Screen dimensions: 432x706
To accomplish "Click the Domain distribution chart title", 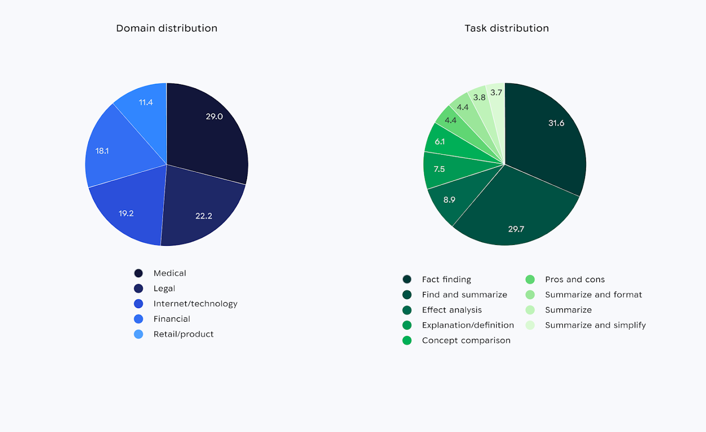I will pos(167,28).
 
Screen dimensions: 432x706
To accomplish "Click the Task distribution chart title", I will pos(506,28).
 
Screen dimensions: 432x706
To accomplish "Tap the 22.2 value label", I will pos(203,216).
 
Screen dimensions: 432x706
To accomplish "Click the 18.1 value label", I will pos(102,151).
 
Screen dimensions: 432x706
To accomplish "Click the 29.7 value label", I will pos(516,229).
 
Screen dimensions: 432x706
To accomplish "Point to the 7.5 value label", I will pos(439,169).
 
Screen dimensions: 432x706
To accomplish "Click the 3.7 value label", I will pos(496,93).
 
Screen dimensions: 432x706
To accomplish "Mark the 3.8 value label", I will pos(479,97).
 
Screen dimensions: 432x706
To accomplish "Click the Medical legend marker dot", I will pos(139,273).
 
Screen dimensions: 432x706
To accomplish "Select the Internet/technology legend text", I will pos(195,304).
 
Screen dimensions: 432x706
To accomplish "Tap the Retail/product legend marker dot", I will pos(139,334).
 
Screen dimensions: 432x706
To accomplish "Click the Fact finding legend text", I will pos(446,280).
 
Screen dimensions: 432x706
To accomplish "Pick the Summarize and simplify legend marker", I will pos(530,325).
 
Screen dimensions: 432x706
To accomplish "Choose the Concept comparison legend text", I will pos(466,340).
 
